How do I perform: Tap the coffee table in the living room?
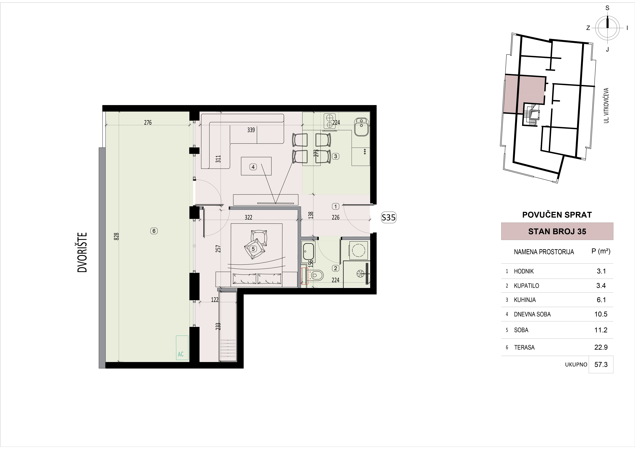point(256,166)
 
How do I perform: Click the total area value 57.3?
point(601,365)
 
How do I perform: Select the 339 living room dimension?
point(251,130)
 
